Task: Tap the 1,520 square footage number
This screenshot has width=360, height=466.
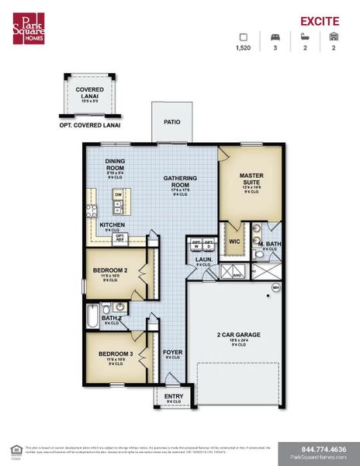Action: pyautogui.click(x=242, y=47)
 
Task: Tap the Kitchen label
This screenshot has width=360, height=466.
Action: pyautogui.click(x=113, y=225)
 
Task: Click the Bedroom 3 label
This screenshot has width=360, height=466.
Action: pyautogui.click(x=115, y=354)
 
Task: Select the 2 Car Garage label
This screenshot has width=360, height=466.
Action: pyautogui.click(x=231, y=337)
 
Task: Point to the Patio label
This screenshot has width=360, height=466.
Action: pyautogui.click(x=172, y=122)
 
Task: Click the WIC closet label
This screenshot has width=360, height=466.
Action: pyautogui.click(x=234, y=241)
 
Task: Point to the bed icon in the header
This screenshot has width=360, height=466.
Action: pyautogui.click(x=274, y=36)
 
